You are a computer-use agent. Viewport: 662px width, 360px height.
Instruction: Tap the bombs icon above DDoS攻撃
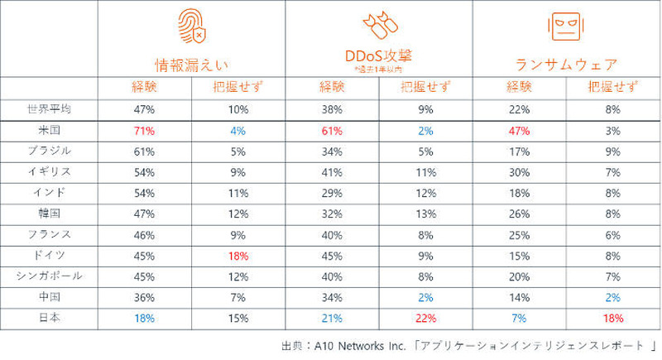click(x=378, y=26)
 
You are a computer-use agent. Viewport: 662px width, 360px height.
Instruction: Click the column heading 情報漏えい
click(x=192, y=64)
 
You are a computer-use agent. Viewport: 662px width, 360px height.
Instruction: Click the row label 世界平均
click(x=49, y=108)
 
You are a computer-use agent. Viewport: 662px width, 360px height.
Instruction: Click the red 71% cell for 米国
click(x=144, y=130)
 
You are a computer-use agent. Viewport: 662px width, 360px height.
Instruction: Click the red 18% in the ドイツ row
click(x=238, y=256)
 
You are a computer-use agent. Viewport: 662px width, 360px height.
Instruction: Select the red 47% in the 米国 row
click(x=518, y=130)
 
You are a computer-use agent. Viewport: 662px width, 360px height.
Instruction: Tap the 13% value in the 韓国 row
click(x=424, y=214)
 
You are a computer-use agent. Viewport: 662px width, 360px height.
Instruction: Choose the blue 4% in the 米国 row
click(x=238, y=130)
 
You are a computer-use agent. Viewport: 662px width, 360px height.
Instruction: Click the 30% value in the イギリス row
click(x=518, y=172)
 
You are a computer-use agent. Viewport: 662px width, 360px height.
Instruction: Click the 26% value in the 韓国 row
click(x=518, y=214)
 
